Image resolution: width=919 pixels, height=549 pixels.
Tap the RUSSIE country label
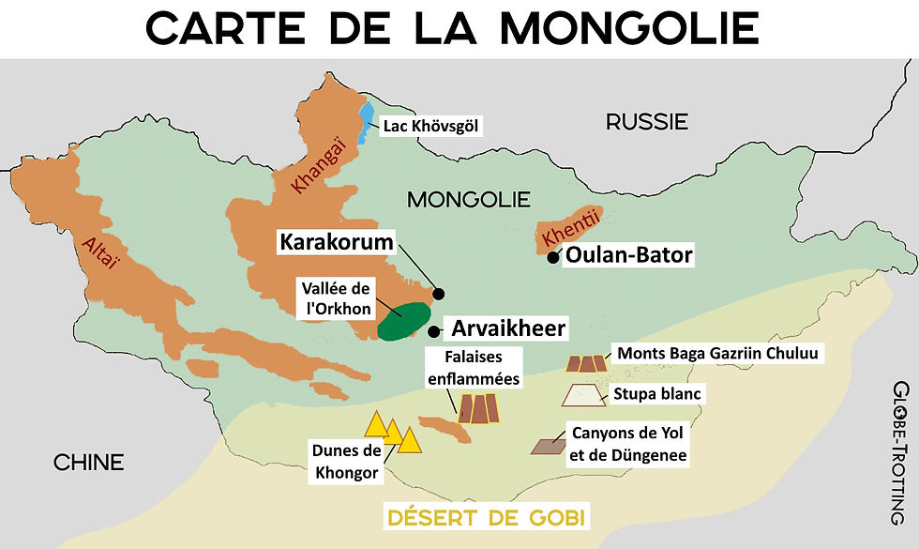click(647, 121)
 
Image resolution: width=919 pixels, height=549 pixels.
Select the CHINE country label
click(88, 462)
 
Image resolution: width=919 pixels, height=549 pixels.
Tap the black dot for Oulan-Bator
click(554, 256)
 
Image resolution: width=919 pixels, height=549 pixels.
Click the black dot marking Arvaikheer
click(433, 330)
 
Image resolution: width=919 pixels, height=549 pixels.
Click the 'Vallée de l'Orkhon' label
click(334, 297)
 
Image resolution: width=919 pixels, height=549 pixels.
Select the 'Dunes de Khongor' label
click(346, 461)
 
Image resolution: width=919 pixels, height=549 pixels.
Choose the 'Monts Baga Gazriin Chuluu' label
click(717, 354)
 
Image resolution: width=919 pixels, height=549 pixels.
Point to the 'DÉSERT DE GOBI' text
click(487, 517)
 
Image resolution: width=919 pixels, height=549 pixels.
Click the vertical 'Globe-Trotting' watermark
click(901, 452)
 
